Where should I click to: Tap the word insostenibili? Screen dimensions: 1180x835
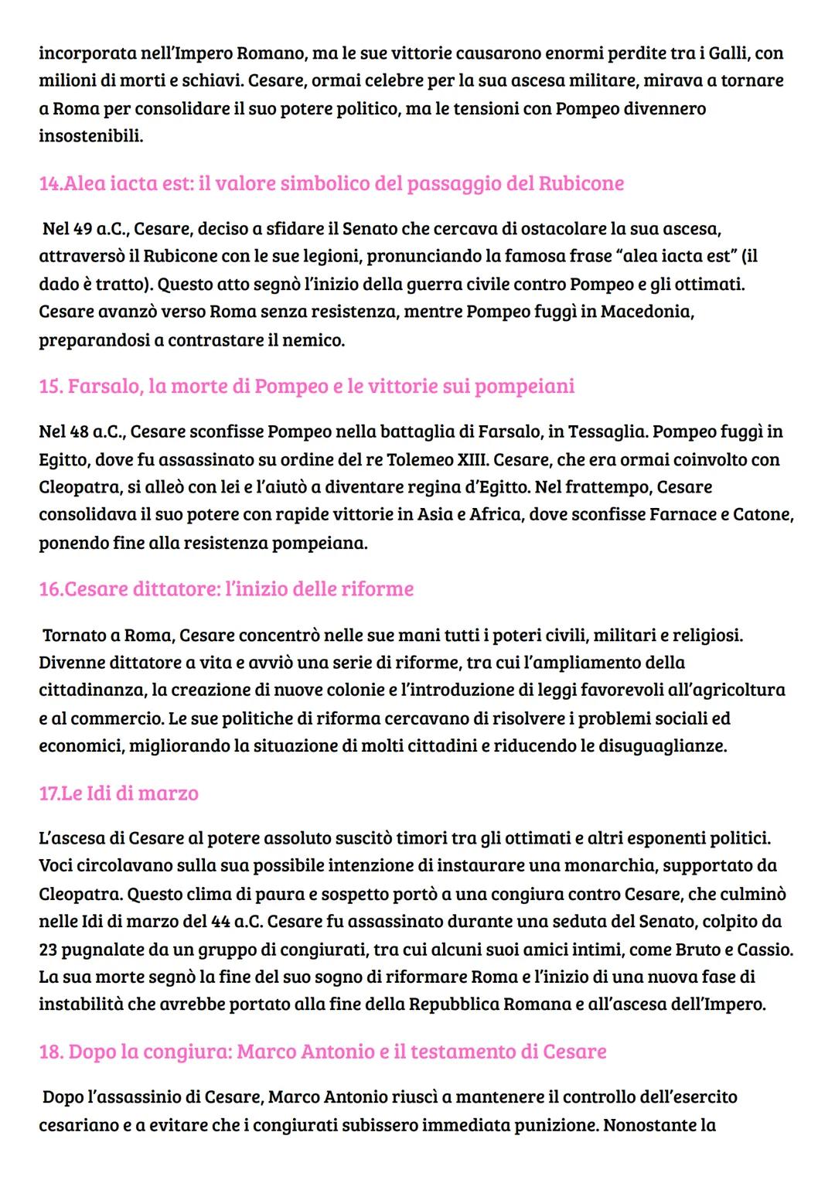click(x=90, y=136)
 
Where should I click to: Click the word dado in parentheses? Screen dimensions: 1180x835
click(x=57, y=285)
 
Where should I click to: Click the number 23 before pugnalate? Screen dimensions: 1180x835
click(x=48, y=950)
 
